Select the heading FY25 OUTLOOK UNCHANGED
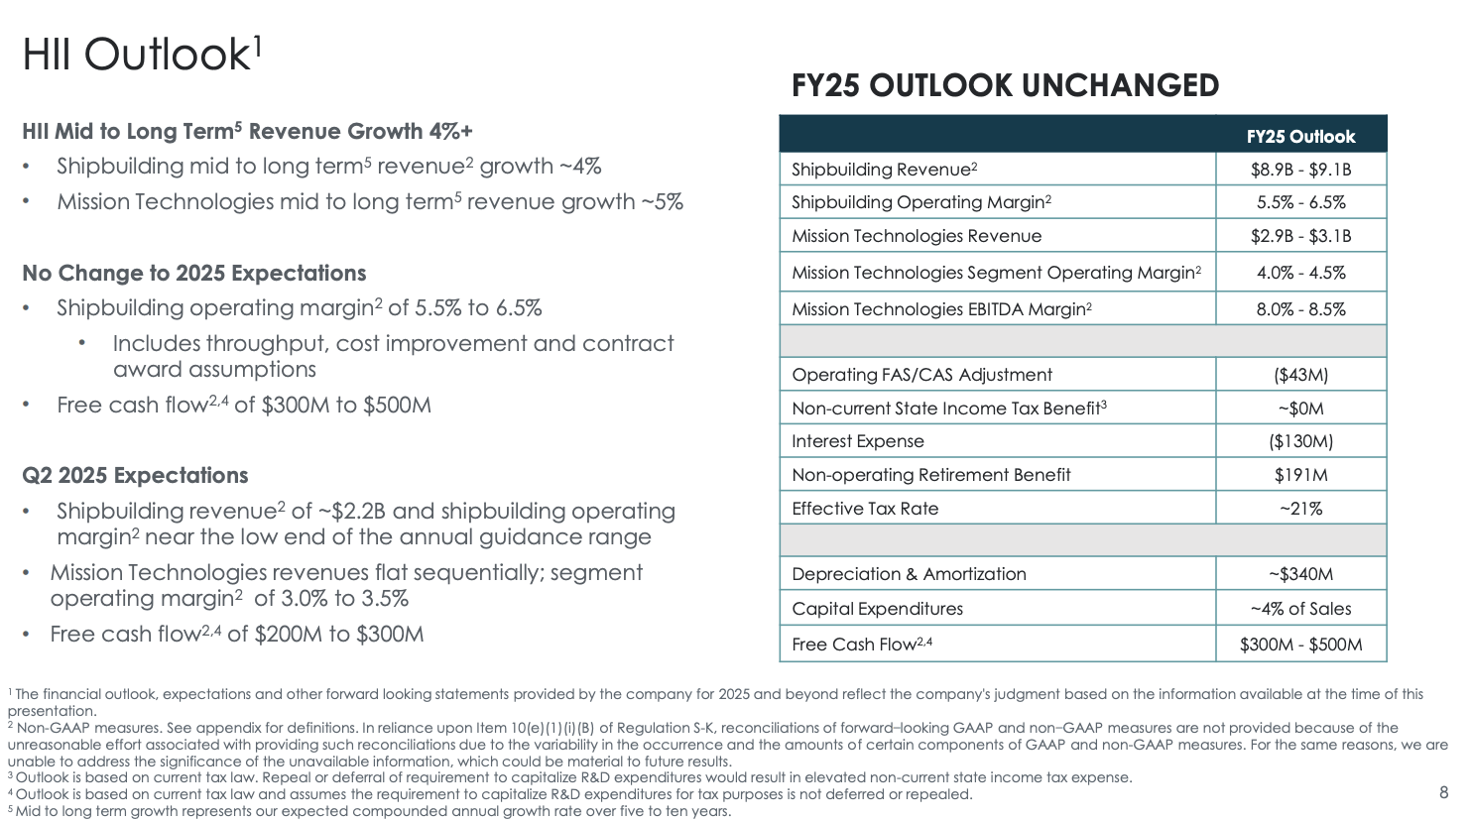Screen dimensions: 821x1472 [x=1005, y=86]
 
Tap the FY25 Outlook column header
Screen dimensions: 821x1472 [x=1300, y=137]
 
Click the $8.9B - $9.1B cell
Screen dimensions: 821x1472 [x=1300, y=170]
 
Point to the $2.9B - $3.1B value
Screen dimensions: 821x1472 [x=1300, y=236]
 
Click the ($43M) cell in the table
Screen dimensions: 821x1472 [x=1300, y=375]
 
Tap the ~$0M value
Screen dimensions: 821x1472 [x=1300, y=409]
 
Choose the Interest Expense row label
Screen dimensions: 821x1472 [x=857, y=441]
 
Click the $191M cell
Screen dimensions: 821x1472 [x=1300, y=475]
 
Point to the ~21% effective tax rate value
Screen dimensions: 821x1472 [x=1300, y=509]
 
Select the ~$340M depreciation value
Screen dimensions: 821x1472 [x=1300, y=574]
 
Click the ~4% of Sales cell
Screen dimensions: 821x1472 [x=1300, y=609]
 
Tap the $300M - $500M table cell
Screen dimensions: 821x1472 [x=1300, y=645]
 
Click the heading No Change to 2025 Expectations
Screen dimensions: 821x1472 [x=194, y=274]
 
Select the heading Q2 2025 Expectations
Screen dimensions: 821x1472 [x=135, y=476]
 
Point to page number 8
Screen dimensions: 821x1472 [x=1443, y=792]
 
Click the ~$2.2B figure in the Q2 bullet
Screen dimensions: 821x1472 [x=352, y=512]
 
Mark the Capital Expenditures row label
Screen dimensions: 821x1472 [x=877, y=609]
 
